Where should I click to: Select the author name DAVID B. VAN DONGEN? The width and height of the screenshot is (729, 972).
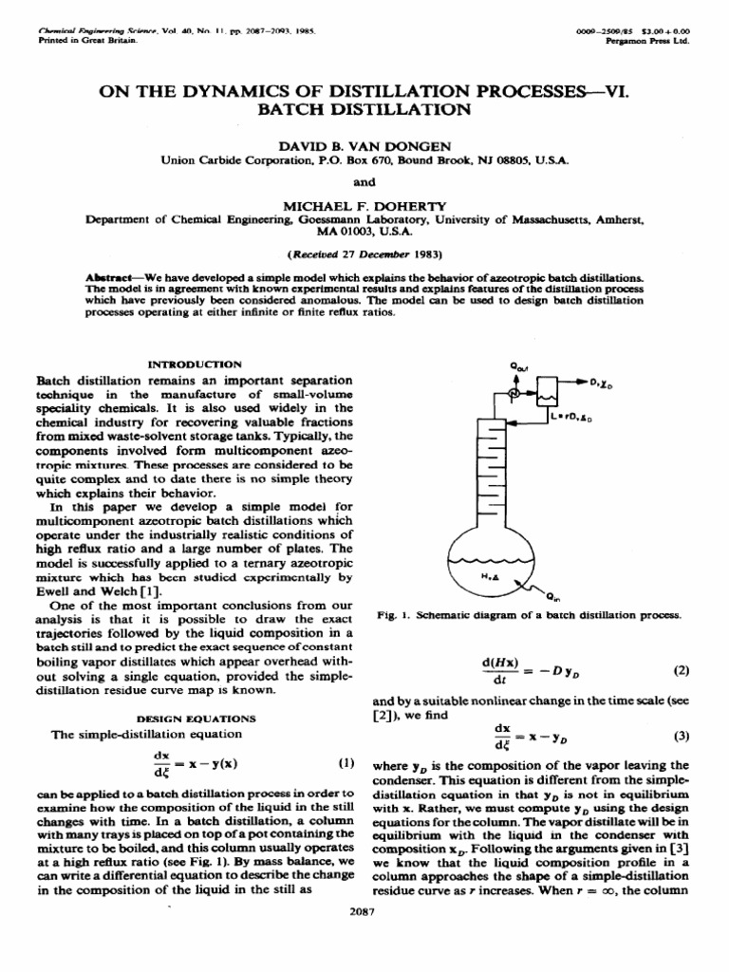tap(364, 147)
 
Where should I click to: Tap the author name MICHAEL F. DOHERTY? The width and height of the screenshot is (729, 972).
tap(364, 204)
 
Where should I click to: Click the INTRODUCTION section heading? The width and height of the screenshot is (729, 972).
tap(196, 364)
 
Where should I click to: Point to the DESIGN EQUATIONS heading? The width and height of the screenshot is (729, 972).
tap(196, 719)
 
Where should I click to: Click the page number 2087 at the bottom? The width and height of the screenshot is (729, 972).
tap(364, 913)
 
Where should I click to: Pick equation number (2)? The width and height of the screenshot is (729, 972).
tap(680, 670)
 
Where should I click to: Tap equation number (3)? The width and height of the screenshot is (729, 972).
tap(680, 736)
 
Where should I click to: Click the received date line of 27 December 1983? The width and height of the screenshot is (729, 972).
tap(364, 255)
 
